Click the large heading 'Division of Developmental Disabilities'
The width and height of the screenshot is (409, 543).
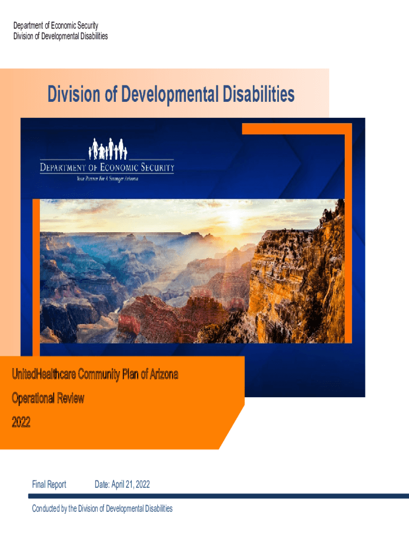(x=171, y=95)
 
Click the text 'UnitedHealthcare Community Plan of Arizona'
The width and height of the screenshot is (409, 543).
(x=95, y=375)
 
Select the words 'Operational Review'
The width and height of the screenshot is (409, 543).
(x=48, y=398)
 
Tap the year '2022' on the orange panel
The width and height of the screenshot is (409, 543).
(x=21, y=422)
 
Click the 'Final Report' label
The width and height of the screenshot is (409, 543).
(x=49, y=484)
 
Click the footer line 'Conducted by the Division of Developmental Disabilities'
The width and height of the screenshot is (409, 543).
(x=102, y=509)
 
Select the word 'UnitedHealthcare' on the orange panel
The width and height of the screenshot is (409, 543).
(x=44, y=375)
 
